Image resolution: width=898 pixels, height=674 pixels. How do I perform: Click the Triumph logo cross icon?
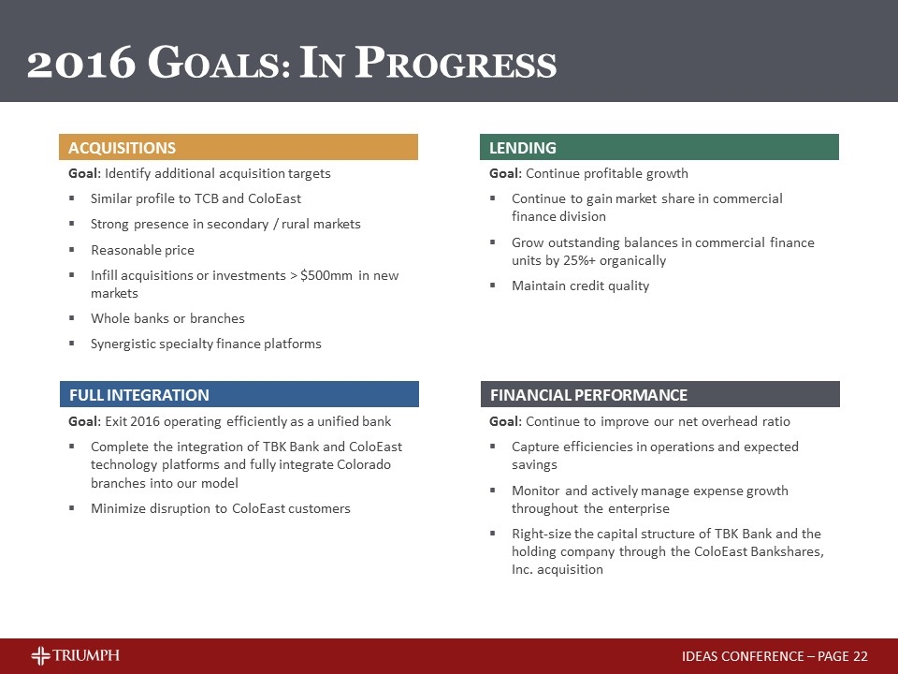(42, 655)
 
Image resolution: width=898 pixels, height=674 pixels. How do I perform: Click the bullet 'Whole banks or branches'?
(167, 318)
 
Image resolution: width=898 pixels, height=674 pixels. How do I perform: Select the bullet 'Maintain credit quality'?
(580, 286)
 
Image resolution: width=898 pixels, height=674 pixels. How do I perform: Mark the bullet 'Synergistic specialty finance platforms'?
(206, 344)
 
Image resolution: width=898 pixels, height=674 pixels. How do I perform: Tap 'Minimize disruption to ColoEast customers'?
(220, 508)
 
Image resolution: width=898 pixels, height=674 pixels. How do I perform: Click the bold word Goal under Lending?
(504, 173)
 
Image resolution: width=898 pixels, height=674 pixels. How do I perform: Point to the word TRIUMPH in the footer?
(87, 655)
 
